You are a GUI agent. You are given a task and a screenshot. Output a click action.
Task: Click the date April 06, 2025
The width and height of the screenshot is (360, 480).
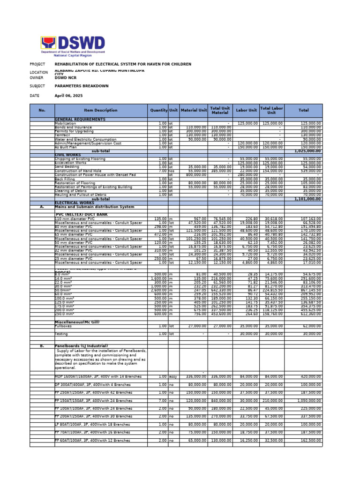coord(68,96)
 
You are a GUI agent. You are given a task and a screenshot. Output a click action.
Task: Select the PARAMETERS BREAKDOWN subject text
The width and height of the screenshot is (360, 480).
coord(82,86)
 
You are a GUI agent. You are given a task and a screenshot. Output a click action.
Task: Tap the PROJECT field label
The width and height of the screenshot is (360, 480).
coord(37,64)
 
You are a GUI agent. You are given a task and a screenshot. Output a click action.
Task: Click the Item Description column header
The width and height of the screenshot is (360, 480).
coord(101,111)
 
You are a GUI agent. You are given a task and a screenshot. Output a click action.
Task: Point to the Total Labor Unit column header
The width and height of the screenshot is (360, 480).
coord(271,111)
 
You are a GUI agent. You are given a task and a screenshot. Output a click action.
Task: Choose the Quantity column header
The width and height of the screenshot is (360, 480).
coord(158,111)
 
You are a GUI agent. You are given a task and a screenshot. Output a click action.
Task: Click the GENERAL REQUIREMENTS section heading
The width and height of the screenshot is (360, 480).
coord(80,120)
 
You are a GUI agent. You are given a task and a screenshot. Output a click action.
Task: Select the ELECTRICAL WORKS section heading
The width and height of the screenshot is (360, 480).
coord(75,202)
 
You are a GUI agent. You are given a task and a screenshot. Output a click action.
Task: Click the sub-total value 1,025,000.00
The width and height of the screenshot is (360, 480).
coord(307,151)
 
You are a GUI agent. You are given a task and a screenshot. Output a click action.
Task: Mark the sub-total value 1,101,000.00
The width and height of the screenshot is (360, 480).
coord(307,199)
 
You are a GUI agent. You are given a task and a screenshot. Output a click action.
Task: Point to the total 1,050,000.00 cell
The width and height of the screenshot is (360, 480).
coord(309,401)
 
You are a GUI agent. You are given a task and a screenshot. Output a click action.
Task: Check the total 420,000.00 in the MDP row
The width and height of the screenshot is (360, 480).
coord(311,376)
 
